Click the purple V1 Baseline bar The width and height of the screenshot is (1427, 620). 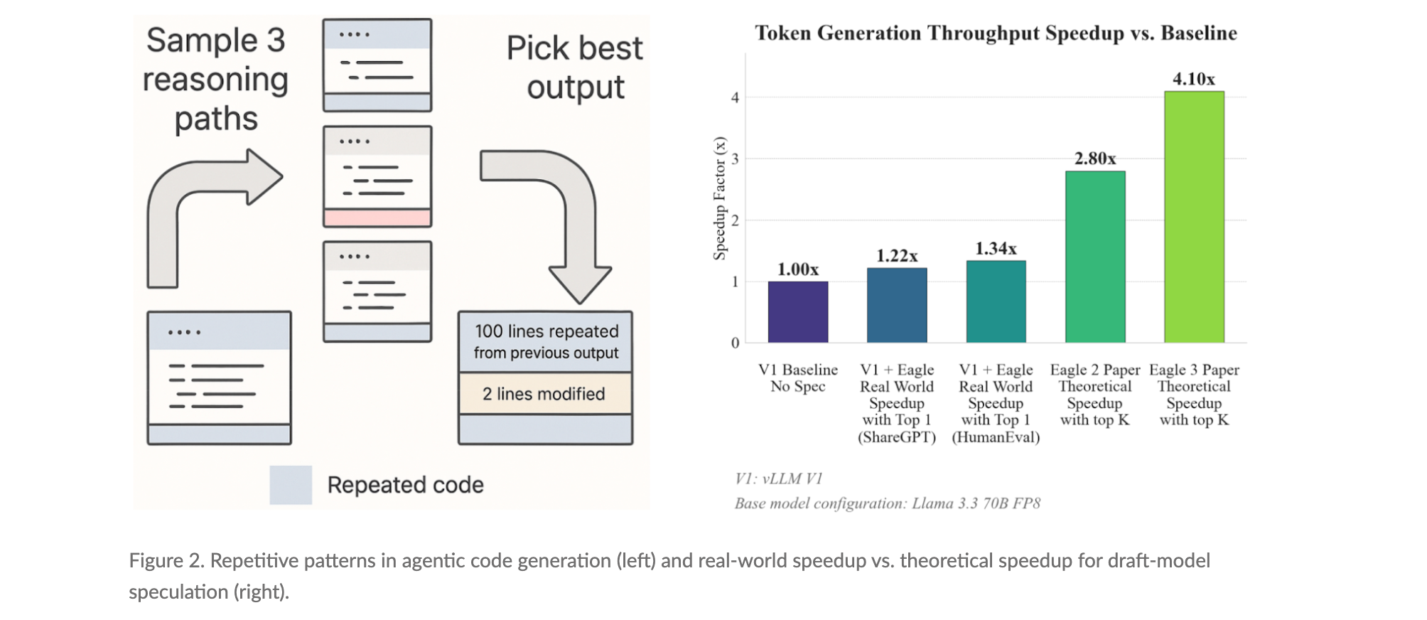pyautogui.click(x=797, y=312)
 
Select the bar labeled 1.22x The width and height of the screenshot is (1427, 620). pyautogui.click(x=896, y=305)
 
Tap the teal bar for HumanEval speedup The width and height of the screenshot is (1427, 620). pyautogui.click(x=996, y=301)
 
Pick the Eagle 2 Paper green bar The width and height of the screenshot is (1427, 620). pyautogui.click(x=1094, y=257)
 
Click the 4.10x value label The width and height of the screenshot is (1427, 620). pyautogui.click(x=1194, y=79)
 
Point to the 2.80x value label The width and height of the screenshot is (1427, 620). pyautogui.click(x=1094, y=159)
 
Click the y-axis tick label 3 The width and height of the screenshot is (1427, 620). pyautogui.click(x=735, y=159)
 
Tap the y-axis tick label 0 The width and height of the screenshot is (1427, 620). pyautogui.click(x=735, y=343)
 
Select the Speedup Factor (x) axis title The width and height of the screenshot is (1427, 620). pyautogui.click(x=720, y=198)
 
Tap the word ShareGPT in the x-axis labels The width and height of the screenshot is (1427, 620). pyautogui.click(x=897, y=437)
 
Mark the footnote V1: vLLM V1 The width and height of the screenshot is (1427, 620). pyautogui.click(x=778, y=479)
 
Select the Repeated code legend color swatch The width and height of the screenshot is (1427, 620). pyautogui.click(x=291, y=485)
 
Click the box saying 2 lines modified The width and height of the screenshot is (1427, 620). pyautogui.click(x=545, y=394)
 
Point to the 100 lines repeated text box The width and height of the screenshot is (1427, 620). pyautogui.click(x=545, y=342)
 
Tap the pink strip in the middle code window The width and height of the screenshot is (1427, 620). pyautogui.click(x=377, y=218)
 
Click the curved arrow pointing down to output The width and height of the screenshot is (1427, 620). pyautogui.click(x=569, y=213)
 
